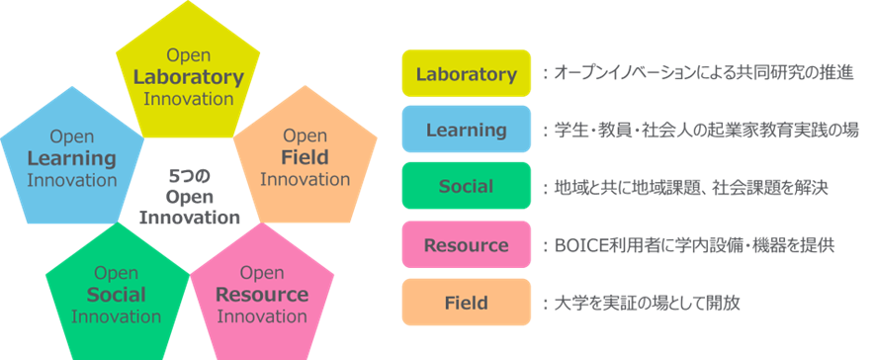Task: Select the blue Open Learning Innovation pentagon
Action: click(x=72, y=159)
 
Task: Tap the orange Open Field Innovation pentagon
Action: click(x=306, y=159)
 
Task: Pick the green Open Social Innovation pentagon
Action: click(x=118, y=296)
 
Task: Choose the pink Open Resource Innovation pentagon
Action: click(x=262, y=296)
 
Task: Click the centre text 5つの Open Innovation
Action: click(x=189, y=197)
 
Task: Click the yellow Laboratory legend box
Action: click(x=466, y=73)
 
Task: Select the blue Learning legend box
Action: click(x=466, y=129)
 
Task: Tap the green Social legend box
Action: click(x=466, y=186)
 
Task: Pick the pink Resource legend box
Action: click(x=466, y=244)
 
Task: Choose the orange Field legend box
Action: click(x=466, y=302)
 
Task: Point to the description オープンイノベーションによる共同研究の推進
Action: click(x=704, y=73)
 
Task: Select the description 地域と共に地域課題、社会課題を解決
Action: click(x=691, y=187)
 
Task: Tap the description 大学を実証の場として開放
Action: click(x=647, y=303)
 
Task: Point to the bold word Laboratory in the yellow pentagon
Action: click(x=189, y=77)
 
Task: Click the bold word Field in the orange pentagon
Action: click(x=305, y=158)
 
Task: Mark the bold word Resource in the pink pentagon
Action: click(x=262, y=294)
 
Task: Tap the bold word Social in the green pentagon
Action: click(x=116, y=294)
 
